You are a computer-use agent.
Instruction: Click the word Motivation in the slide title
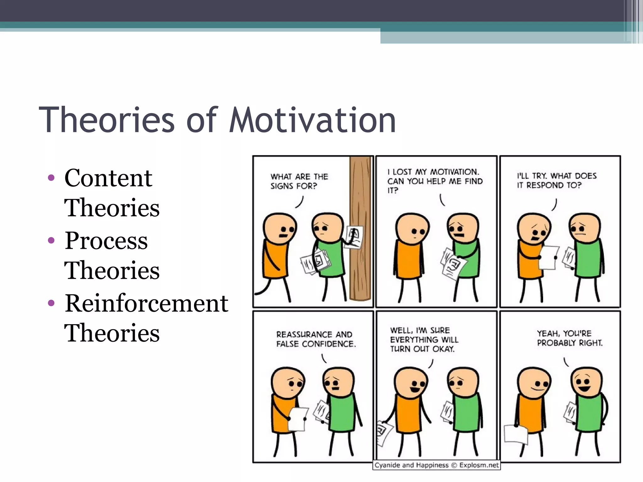click(x=312, y=120)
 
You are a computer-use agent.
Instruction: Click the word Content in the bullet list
click(x=108, y=178)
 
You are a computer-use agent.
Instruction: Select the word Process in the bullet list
click(x=106, y=241)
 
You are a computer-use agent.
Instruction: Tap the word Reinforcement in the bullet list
click(x=146, y=303)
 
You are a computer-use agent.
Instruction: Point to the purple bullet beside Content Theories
click(x=51, y=178)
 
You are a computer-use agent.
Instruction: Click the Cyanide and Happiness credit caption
click(x=436, y=465)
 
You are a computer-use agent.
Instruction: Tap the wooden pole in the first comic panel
click(x=360, y=276)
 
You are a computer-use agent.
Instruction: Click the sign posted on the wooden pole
click(x=354, y=237)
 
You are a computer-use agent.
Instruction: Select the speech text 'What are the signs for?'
click(x=299, y=181)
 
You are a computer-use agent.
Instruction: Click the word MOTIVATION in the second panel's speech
click(x=454, y=172)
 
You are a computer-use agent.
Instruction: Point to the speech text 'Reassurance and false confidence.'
click(x=316, y=339)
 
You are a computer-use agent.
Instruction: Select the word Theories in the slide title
click(x=107, y=120)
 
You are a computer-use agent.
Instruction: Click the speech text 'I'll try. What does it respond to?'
click(x=557, y=180)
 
